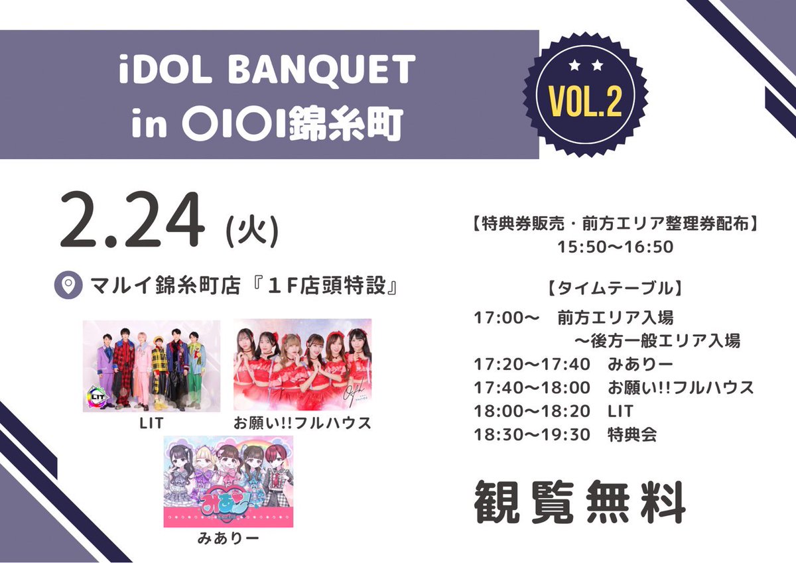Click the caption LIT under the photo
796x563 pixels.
tap(151, 423)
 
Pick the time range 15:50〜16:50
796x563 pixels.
tap(616, 247)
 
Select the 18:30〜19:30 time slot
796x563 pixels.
tap(532, 435)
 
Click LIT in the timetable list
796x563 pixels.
tap(620, 411)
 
